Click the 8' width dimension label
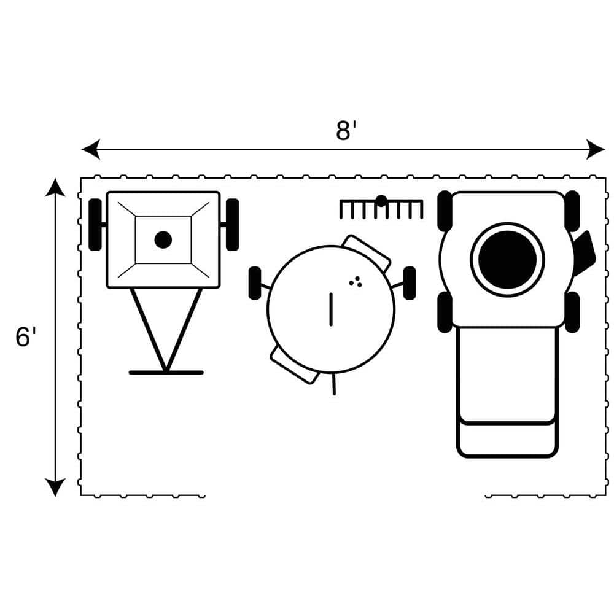[346, 130]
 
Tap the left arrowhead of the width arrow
[91, 149]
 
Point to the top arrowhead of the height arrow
[55, 187]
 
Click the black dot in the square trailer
[163, 239]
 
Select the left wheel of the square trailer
[95, 225]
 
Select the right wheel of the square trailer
[232, 225]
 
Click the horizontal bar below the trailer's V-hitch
[166, 373]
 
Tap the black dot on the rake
[381, 201]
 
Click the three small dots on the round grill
[356, 282]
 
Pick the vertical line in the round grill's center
[332, 309]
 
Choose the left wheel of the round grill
[255, 283]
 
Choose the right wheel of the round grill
[410, 283]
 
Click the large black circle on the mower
[508, 260]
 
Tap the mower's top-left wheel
[445, 211]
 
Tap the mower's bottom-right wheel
[572, 312]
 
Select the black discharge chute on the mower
[585, 252]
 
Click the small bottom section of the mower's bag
[508, 440]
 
